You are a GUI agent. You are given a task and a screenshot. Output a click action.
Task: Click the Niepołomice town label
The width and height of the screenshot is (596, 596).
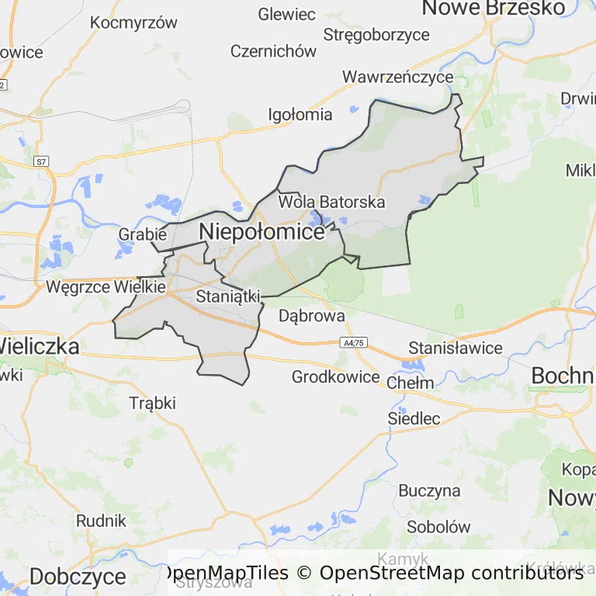(262, 231)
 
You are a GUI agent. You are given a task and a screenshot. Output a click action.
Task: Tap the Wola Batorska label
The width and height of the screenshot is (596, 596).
(331, 202)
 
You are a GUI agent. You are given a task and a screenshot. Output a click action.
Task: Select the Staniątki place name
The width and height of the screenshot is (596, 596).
(227, 296)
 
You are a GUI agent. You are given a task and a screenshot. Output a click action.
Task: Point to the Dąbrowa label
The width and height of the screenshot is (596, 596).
(311, 316)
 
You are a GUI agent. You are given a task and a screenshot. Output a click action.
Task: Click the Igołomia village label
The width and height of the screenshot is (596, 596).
(300, 115)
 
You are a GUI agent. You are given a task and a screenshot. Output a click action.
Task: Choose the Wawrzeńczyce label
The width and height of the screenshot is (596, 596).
(398, 77)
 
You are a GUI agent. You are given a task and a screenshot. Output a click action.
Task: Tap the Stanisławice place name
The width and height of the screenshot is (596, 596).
(456, 348)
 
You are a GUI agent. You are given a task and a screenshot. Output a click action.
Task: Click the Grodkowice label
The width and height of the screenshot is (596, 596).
(336, 377)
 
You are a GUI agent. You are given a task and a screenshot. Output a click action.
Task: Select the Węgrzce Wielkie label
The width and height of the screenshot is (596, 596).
(106, 286)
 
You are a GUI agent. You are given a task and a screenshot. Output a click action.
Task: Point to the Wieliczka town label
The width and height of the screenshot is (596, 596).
(39, 346)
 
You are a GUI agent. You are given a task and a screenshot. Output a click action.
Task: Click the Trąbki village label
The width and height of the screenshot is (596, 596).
(153, 403)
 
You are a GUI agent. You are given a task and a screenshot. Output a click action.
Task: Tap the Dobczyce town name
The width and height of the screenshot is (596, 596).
(78, 577)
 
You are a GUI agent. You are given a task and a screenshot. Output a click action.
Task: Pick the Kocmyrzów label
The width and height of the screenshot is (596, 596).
(134, 23)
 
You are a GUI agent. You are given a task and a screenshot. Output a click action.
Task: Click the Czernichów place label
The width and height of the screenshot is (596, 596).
(273, 51)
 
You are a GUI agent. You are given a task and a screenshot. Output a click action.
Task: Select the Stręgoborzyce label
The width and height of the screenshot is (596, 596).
(376, 34)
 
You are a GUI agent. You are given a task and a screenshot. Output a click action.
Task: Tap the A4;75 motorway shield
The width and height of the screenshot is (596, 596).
(353, 342)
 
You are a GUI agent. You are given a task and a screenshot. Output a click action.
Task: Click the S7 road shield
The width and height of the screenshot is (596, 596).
(41, 161)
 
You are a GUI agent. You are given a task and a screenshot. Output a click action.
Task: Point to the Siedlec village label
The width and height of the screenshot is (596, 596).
(414, 419)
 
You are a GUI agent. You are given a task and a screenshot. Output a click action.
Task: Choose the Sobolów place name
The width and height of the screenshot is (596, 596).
(438, 526)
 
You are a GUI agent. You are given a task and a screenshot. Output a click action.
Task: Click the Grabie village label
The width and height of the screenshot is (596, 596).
(143, 234)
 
